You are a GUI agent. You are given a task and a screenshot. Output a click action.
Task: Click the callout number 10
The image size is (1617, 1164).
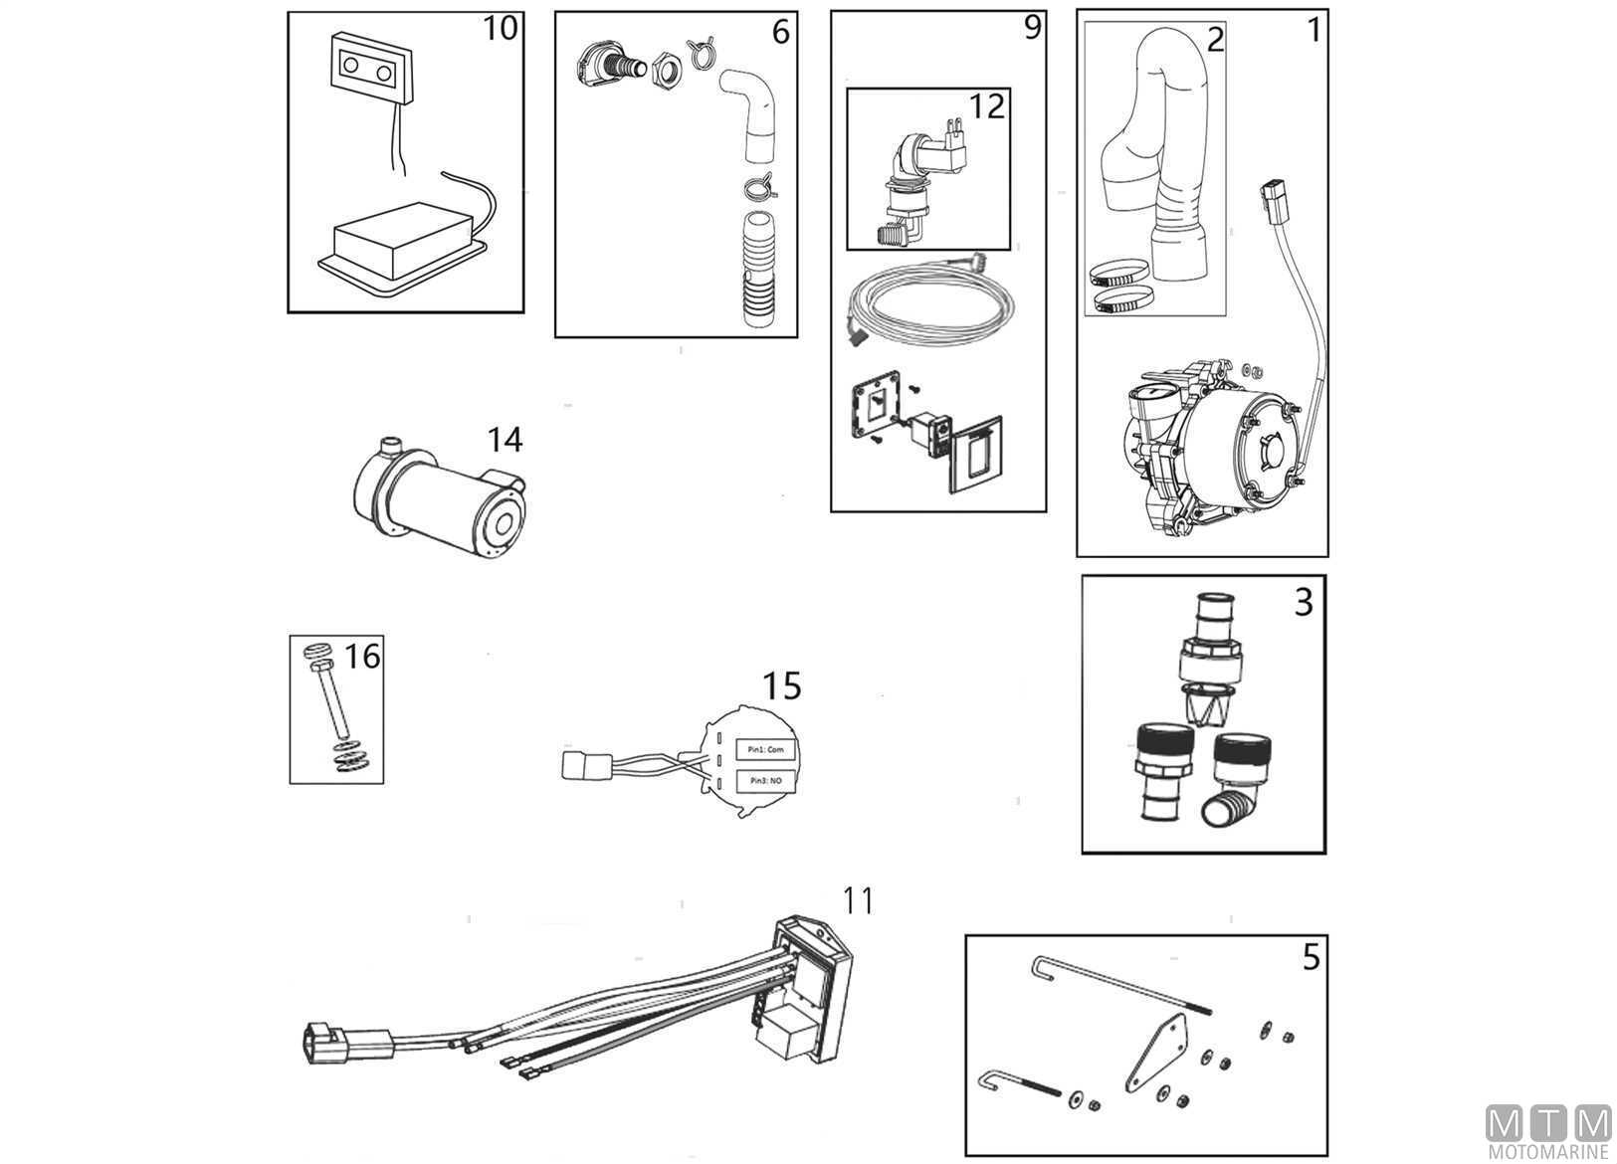point(500,28)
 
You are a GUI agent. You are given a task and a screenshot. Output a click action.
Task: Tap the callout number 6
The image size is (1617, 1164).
point(780,32)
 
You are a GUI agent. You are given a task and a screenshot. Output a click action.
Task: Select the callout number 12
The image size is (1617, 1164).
point(986,105)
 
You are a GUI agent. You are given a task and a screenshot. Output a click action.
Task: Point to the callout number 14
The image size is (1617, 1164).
point(505,439)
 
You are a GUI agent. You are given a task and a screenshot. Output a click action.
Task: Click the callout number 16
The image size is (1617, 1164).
point(362,656)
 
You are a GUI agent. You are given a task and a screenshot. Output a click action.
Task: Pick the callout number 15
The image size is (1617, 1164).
point(781,685)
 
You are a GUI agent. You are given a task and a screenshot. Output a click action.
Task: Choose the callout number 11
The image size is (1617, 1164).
point(857,900)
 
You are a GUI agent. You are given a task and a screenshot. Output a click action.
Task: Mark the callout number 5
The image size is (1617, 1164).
point(1311,957)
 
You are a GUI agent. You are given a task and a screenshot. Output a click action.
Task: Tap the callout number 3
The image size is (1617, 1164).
point(1304,602)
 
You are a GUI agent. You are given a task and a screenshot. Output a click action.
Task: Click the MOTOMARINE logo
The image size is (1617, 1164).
point(1547,1133)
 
